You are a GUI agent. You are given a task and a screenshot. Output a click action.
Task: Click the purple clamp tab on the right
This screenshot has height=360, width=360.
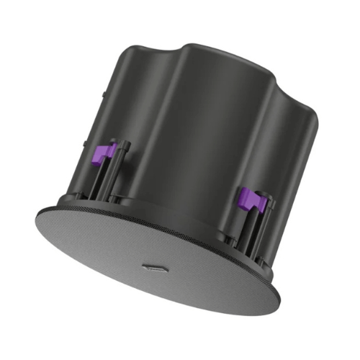click(253, 200)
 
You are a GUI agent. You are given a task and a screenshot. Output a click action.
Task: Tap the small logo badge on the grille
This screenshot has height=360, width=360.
click(155, 268)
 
